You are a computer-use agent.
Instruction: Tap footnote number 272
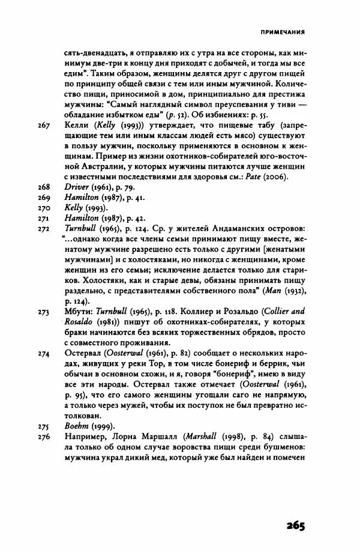pos(44,232)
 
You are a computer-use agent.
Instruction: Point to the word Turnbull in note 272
pos(82,232)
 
